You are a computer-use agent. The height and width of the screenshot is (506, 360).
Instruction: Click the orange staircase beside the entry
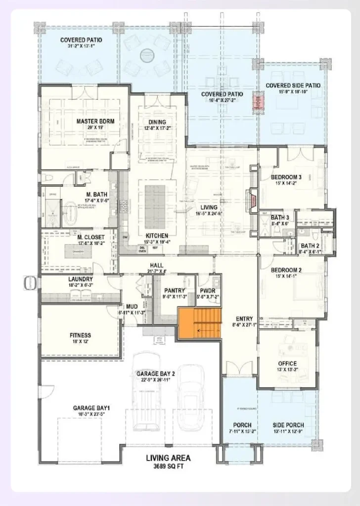tap(199, 323)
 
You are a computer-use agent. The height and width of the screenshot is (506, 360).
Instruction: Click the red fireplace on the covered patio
tap(257, 102)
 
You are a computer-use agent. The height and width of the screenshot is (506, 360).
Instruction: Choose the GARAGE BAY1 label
tap(91, 408)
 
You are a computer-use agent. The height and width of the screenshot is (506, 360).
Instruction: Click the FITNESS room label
tap(80, 335)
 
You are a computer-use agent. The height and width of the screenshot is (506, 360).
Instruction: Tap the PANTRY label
tap(175, 291)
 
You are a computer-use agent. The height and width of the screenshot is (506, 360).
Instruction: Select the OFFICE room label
tap(287, 364)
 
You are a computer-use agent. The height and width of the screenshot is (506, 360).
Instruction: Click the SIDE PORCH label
tap(288, 425)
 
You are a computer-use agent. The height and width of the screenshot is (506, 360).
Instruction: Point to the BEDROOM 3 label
tap(286, 177)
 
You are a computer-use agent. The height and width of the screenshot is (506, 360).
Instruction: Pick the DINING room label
tap(157, 122)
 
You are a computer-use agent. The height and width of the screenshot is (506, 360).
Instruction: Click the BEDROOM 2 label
tap(286, 270)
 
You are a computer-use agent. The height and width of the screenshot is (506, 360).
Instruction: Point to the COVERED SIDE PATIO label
tap(293, 85)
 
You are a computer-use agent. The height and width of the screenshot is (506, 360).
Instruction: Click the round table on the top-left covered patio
tap(147, 55)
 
